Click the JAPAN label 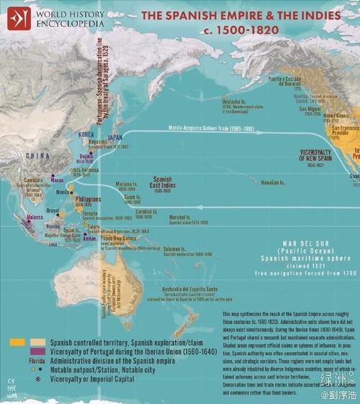point(114,135)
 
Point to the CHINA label point(38,155)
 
